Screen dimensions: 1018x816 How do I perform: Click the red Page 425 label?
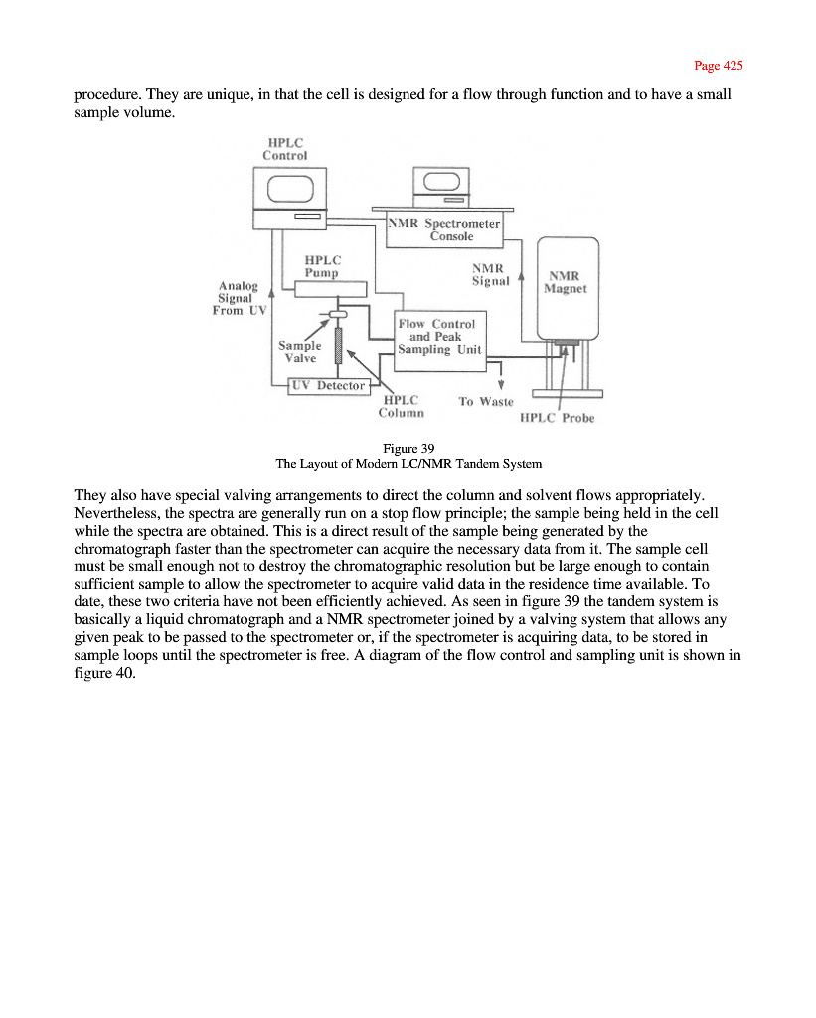tap(718, 66)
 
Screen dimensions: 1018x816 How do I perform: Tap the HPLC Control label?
tap(284, 148)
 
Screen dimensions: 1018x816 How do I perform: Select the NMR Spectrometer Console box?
tap(444, 230)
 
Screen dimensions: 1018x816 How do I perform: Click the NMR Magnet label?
tap(566, 283)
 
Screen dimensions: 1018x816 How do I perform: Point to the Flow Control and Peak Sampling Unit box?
tap(438, 337)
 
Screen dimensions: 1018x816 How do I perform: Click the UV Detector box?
tap(327, 385)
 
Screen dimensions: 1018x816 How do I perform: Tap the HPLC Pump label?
tap(321, 265)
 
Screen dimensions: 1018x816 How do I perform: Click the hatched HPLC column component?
tap(338, 346)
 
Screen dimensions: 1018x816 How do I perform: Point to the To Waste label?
tap(485, 401)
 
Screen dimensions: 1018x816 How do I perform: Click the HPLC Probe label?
tap(557, 418)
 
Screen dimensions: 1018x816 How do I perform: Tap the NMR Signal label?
tap(490, 274)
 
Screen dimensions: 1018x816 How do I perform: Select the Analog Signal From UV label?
tap(238, 298)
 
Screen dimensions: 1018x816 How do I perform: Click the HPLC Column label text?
tap(403, 406)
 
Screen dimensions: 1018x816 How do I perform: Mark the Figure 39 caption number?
tap(408, 448)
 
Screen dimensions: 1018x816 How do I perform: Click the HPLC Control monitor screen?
tap(286, 186)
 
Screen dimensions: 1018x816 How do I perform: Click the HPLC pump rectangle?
tap(331, 288)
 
